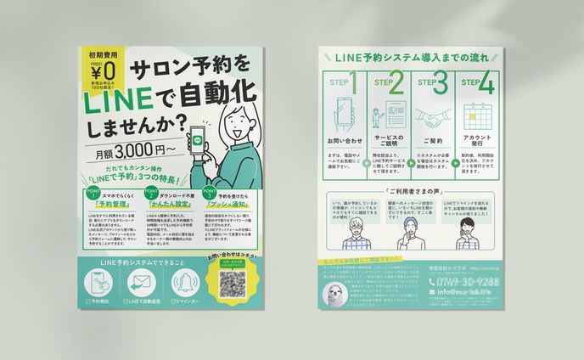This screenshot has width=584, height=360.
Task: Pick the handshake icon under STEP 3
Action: click(435, 116)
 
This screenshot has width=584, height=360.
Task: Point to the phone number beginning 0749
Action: click(458, 282)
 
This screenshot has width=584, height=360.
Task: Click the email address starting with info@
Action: click(457, 295)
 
